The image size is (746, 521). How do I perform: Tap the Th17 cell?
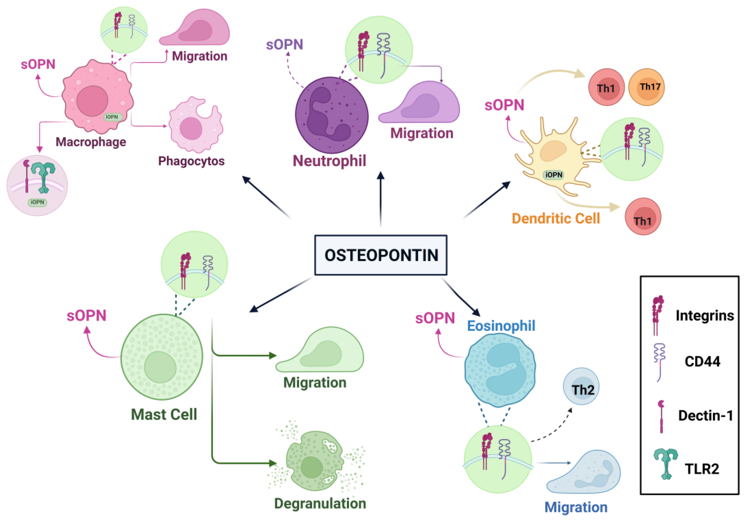tap(646, 87)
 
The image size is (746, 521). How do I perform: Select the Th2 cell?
tap(581, 387)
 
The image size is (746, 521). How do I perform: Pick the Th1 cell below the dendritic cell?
tap(643, 217)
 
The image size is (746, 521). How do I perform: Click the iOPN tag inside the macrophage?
tap(112, 117)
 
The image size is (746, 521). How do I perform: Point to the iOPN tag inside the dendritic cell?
tap(553, 175)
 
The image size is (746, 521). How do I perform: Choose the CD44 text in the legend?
tap(702, 362)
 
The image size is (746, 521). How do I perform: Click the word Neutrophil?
tap(329, 161)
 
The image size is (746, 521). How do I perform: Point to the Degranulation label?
tap(320, 503)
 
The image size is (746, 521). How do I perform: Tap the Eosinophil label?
tap(501, 326)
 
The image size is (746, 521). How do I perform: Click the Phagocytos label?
tap(191, 161)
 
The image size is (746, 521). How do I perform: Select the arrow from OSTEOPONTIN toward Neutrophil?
tap(380, 198)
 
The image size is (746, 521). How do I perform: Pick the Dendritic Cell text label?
tap(556, 219)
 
